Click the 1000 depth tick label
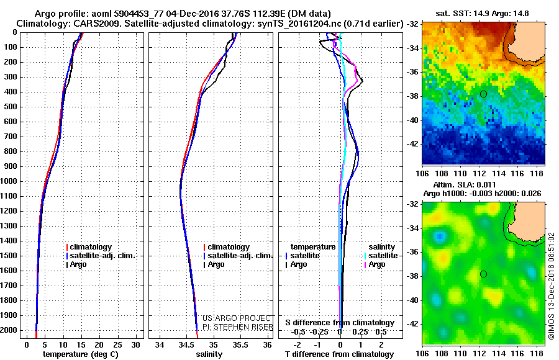pos(9,181)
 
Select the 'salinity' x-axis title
pos(209,354)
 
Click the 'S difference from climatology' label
pos(340,323)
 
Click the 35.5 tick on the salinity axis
pos(240,344)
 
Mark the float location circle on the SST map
pos(483,94)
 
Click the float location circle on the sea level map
pos(483,274)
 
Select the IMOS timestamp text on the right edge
pos(551,286)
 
